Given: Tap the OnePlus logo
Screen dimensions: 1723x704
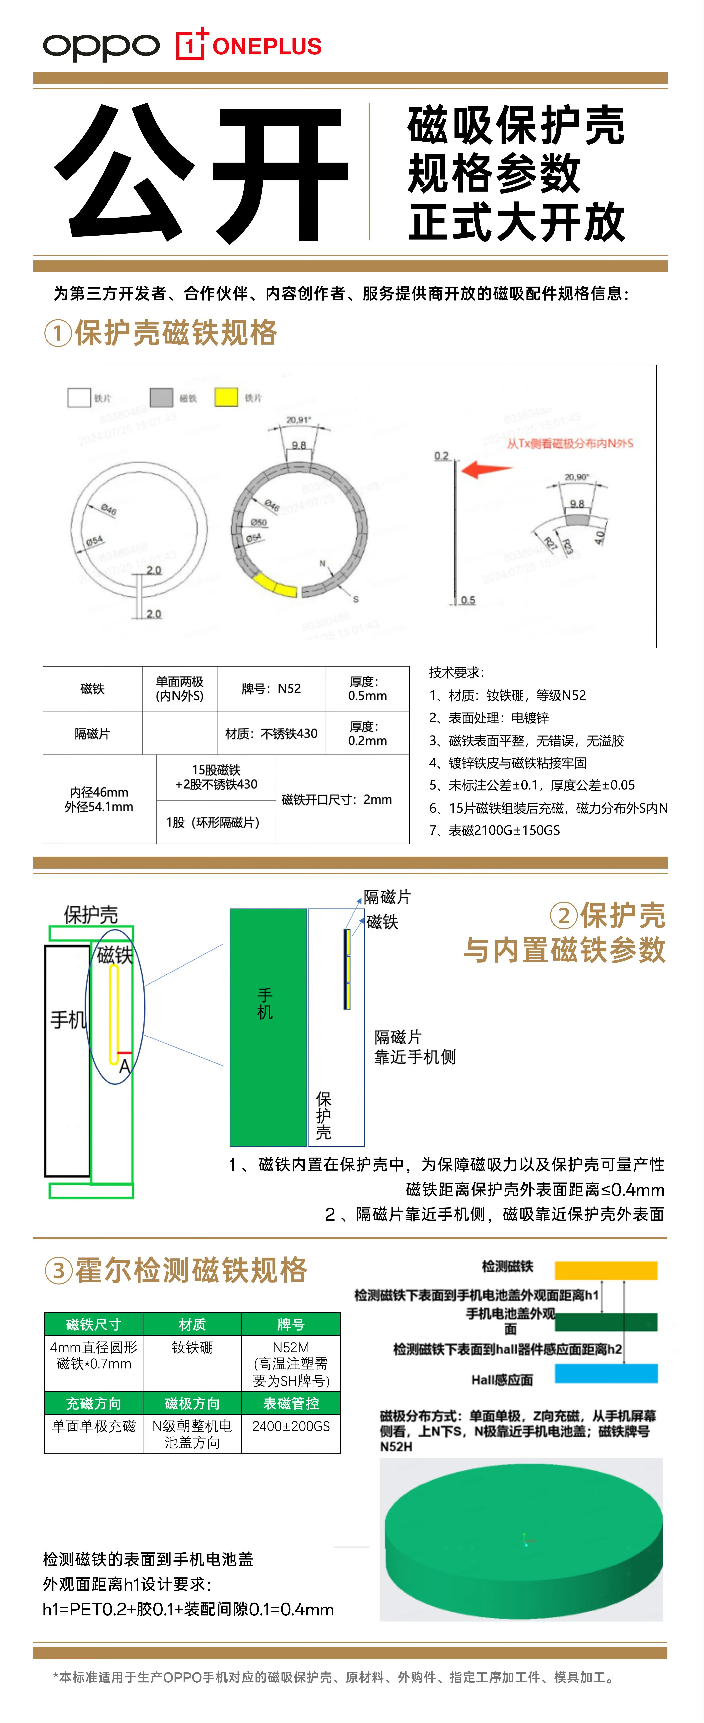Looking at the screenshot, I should (x=249, y=46).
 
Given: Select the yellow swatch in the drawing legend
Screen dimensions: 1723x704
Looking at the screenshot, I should (x=226, y=397).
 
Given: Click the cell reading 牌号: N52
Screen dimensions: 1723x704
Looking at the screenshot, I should (x=271, y=688).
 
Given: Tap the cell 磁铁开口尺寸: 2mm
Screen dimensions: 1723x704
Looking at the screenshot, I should (x=337, y=799).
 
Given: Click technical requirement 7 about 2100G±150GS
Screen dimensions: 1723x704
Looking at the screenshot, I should (x=495, y=830).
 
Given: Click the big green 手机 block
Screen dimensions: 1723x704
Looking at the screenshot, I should (x=267, y=1027).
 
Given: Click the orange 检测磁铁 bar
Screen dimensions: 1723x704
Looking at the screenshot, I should (x=606, y=1270).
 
